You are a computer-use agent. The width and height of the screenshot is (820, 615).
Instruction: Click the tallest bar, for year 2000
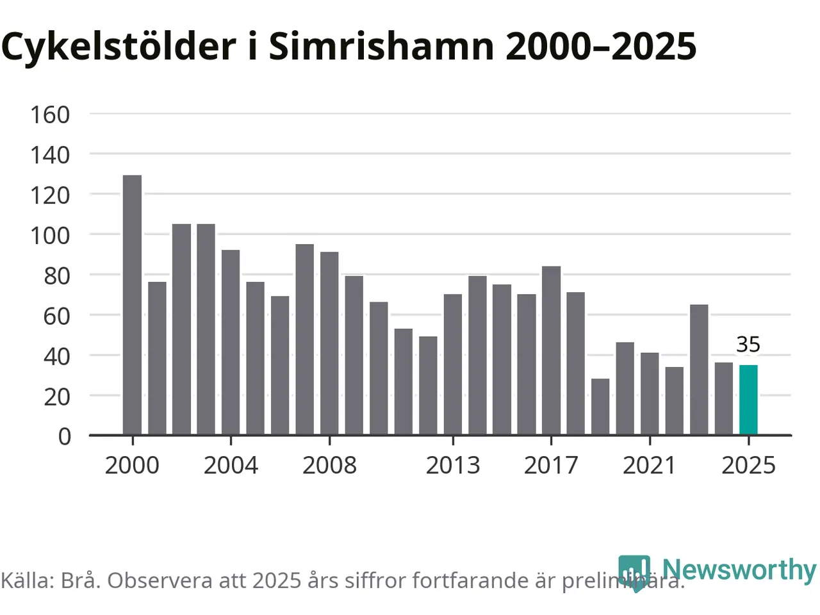point(132,305)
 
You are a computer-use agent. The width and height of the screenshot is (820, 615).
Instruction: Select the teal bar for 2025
point(748,400)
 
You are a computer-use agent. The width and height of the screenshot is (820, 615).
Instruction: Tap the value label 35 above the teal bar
point(748,345)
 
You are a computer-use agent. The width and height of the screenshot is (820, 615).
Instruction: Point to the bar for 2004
point(231,342)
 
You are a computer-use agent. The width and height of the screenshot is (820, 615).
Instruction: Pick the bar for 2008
point(329,343)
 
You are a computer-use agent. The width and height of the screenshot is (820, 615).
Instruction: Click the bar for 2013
point(453,365)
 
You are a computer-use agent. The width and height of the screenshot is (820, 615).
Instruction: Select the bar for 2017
point(551,350)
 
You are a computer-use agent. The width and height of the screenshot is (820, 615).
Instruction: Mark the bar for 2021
point(650,393)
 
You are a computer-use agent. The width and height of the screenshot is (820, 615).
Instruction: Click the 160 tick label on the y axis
point(50,115)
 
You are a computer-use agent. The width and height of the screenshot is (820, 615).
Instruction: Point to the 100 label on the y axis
point(50,235)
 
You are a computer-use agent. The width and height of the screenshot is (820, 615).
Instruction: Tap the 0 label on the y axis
point(64,436)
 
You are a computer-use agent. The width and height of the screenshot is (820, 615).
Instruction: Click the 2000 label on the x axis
point(132,465)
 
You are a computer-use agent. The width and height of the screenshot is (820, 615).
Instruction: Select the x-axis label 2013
point(453,465)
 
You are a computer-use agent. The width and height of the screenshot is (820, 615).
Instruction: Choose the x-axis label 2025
point(748,465)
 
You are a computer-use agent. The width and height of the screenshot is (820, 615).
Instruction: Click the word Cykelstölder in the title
point(119,46)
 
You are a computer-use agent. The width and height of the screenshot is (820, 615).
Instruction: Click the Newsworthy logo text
point(739,570)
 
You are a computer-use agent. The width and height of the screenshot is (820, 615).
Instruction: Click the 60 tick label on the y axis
point(56,315)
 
